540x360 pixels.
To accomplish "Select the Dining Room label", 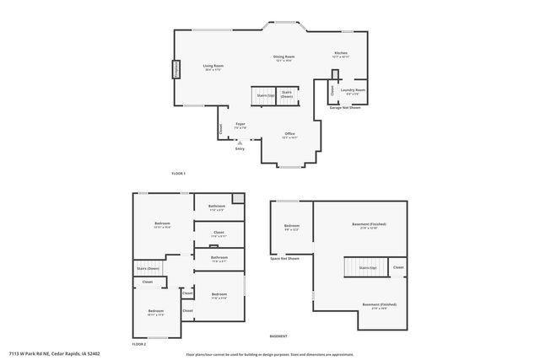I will click(283, 58).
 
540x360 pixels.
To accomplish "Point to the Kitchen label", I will click(341, 54).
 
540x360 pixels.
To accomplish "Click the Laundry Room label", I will click(353, 91).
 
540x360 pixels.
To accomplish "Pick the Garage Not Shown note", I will click(344, 108).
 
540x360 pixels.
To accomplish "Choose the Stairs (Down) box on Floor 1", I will click(287, 94).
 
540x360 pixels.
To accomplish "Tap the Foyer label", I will click(240, 126).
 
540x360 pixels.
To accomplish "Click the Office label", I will click(289, 135).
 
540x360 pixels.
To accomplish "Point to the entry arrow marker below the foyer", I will click(240, 143).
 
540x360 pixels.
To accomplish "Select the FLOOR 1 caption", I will click(178, 174).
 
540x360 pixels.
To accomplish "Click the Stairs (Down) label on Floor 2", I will click(148, 268).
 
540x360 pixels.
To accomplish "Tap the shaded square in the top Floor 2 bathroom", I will click(239, 199).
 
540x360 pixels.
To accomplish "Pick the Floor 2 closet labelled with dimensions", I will click(219, 234).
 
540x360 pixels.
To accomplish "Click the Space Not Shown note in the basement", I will click(284, 259).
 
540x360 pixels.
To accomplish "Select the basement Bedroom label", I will click(291, 227).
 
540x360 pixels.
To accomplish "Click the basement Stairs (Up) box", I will click(367, 267).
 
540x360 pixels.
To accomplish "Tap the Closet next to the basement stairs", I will click(398, 267).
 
